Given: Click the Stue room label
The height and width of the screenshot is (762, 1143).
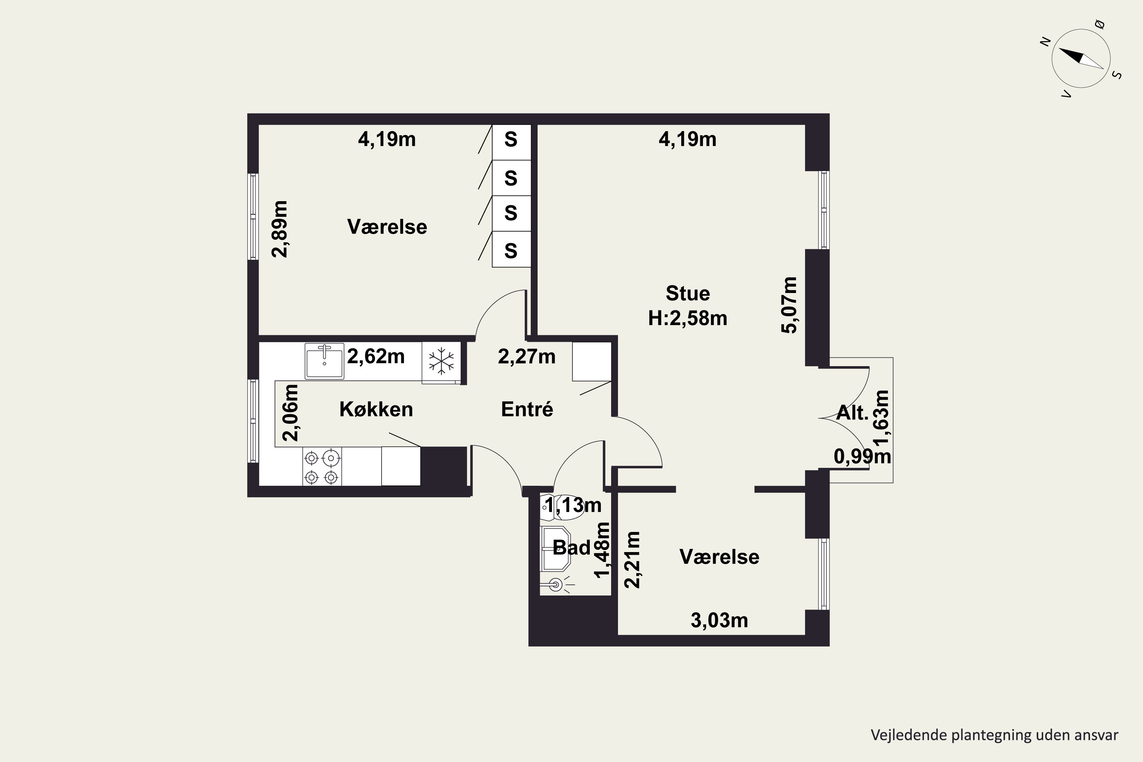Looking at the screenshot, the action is coord(688,293).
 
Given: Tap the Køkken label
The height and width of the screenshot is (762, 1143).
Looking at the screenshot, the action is coord(376,410).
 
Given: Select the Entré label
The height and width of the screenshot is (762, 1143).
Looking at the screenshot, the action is coord(527,409).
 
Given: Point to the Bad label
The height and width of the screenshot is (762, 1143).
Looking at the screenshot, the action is coord(571,548).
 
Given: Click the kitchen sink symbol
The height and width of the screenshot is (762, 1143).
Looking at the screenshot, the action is coord(324,361).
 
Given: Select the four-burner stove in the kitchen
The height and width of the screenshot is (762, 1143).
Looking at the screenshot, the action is coord(322,466).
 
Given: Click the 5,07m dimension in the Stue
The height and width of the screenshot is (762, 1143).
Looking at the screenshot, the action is coord(789,305).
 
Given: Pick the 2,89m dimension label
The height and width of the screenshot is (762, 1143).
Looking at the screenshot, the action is coord(279,229).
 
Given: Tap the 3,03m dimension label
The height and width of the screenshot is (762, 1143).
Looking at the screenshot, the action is coord(719,621).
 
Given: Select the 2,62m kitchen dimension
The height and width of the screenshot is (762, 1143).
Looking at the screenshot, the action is coord(376,357).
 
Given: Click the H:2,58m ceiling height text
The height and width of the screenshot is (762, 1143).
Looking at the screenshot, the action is coord(688,318).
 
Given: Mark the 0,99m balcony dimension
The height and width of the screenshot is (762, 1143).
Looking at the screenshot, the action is coord(862,456).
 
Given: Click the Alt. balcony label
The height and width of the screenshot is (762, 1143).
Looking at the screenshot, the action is coord(852,413).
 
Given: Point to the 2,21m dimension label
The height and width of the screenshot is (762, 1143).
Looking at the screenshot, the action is coord(632,560).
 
